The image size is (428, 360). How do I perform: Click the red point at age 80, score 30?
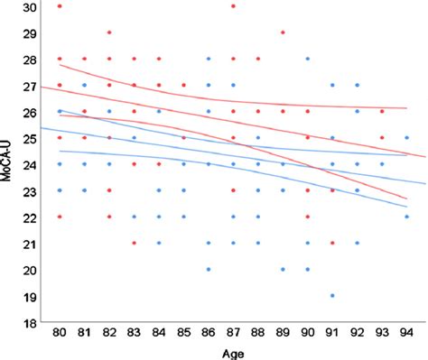60,7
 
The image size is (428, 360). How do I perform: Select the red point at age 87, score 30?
233,7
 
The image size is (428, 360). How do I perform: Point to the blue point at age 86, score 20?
209,269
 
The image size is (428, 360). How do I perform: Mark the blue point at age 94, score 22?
406,217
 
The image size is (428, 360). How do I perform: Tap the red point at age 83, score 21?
134,243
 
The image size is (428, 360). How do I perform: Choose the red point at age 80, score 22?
60,217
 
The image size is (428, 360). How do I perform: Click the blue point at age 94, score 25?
406,138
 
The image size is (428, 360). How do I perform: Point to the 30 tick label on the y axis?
31,7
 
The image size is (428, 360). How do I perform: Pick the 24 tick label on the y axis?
31,164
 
